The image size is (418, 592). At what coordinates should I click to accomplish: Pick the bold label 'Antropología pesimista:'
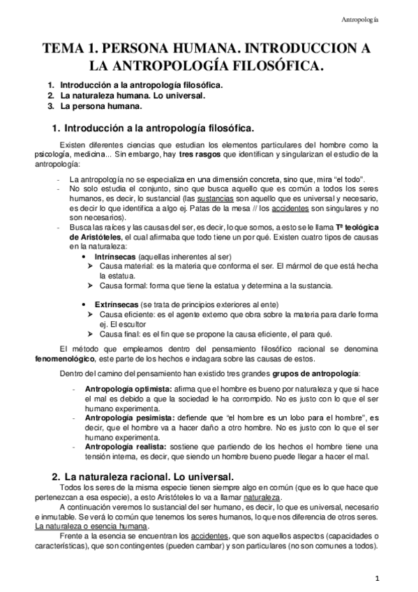click(x=128, y=416)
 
